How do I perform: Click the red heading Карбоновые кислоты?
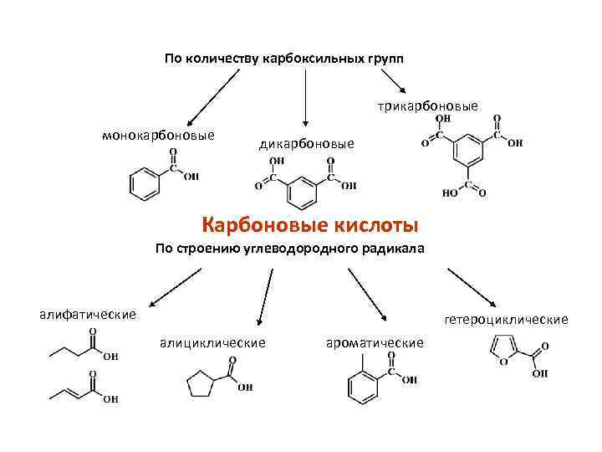tap(310, 225)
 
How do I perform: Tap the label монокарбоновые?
tap(158, 136)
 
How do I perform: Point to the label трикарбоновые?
tap(427, 106)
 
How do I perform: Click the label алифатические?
tap(88, 314)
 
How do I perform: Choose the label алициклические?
tap(213, 342)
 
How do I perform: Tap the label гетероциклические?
tap(507, 319)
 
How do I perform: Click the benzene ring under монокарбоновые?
tap(145, 184)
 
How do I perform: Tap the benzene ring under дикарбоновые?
tap(301, 193)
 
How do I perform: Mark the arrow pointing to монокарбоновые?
tap(210, 96)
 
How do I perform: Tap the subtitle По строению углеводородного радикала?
tap(289, 249)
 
